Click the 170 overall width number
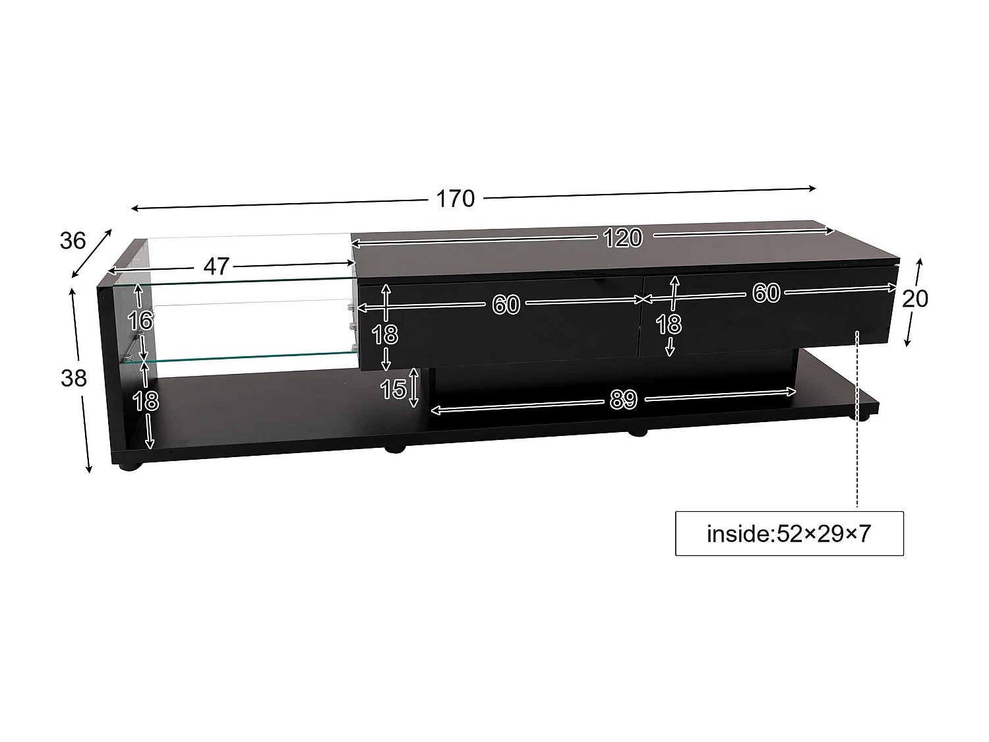[455, 199]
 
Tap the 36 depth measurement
[73, 241]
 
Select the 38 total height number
[74, 379]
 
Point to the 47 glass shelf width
[216, 266]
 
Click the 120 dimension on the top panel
[622, 237]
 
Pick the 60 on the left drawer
[506, 305]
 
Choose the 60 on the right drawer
[766, 293]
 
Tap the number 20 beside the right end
[914, 299]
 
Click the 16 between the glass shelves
[140, 321]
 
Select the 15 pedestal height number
[393, 389]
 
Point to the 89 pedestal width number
[622, 400]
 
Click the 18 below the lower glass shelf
[146, 400]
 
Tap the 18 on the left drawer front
[385, 335]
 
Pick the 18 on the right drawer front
[669, 324]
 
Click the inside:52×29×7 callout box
[789, 533]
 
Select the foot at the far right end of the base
[862, 417]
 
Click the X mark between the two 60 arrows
[642, 299]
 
